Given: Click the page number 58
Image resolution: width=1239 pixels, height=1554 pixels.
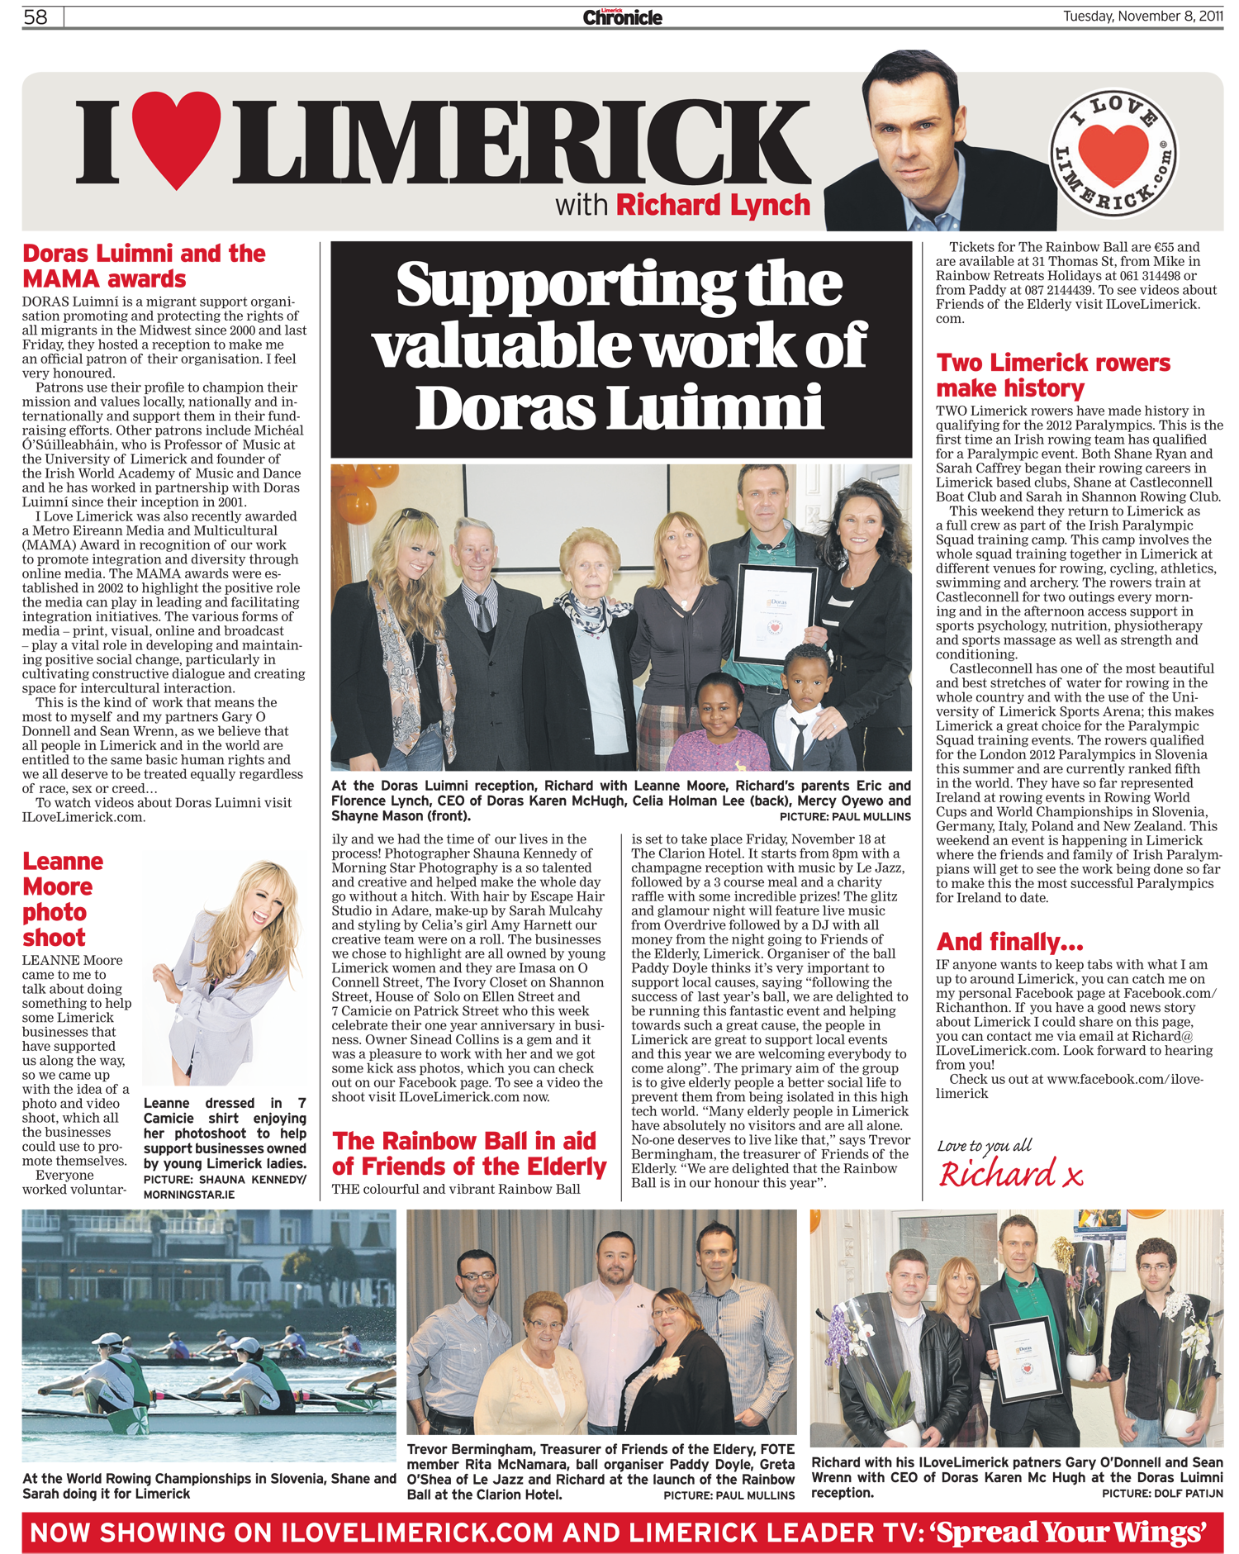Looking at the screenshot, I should pos(36,17).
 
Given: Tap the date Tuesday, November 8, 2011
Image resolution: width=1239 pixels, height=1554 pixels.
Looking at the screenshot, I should pos(1142,17).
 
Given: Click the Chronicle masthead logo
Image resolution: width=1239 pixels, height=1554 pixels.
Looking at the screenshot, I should pos(622,17).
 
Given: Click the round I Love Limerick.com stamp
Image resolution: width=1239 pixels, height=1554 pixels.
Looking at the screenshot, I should pos(1113,154).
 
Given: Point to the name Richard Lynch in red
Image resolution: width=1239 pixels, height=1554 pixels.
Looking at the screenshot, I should pos(713,205).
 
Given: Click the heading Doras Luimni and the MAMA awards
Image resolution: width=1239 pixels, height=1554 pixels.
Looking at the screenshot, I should pos(144,266).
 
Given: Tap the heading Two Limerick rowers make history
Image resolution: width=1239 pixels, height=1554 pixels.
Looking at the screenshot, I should pos(1053,375).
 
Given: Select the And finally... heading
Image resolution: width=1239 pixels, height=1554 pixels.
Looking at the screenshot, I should pos(1009,942).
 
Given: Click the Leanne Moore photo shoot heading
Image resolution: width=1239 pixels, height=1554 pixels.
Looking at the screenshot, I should pos(62,899).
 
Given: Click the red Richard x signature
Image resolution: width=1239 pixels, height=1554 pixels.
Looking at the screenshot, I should pos(1010,1174).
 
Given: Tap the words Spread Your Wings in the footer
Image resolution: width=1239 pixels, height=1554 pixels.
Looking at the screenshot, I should pos(1070,1533).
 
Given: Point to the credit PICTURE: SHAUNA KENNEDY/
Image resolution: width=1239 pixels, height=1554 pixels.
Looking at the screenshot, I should pos(225,1180).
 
